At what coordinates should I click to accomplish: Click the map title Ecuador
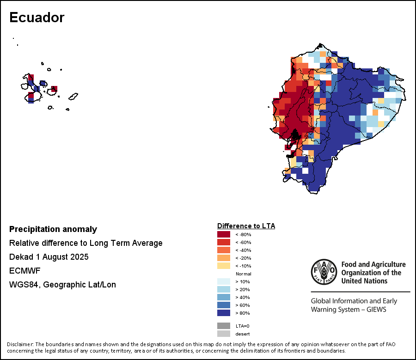tap(37, 18)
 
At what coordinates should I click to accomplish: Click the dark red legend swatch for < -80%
tap(224, 234)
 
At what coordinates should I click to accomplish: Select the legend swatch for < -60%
tap(224, 242)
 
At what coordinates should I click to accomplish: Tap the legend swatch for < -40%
tap(224, 250)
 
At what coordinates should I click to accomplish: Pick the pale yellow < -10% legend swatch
tap(224, 266)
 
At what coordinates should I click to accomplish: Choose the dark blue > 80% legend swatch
tap(224, 313)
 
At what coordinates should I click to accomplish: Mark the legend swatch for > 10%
tap(224, 281)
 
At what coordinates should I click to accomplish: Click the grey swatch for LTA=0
tap(224, 326)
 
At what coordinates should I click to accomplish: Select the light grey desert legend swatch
tap(224, 334)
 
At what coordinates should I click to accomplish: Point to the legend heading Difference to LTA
tap(246, 226)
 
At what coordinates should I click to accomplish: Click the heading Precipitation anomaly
tap(53, 229)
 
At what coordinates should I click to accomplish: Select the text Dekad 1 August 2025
tap(49, 257)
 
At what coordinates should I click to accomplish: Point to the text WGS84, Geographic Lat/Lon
tap(62, 285)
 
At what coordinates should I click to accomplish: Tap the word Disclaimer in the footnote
tap(20, 344)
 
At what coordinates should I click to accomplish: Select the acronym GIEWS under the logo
tap(374, 309)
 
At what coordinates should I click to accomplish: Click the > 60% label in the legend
tap(242, 305)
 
